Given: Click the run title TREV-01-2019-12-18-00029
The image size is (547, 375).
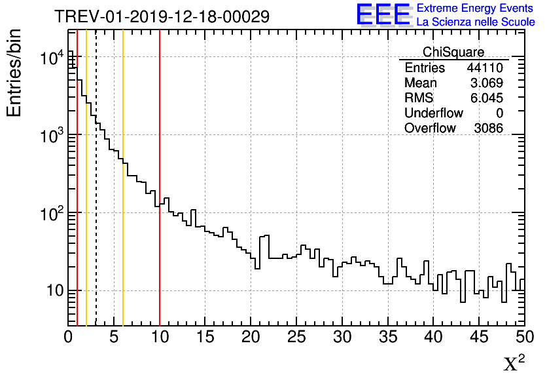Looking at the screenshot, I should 162,16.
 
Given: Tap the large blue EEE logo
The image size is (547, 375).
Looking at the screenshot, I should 383,14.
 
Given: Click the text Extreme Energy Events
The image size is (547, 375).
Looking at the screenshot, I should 476,9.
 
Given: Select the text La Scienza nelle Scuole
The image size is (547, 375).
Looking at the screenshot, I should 476,22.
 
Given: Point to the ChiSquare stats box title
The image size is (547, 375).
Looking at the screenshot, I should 453,52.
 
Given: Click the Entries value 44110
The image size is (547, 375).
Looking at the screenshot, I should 484,68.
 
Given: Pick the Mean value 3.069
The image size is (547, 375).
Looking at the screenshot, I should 486,83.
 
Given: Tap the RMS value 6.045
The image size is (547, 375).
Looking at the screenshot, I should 486,98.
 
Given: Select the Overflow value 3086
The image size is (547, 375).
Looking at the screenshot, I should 488,128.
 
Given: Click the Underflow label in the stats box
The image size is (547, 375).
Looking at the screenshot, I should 433,113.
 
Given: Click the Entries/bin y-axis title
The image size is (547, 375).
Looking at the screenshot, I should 14,73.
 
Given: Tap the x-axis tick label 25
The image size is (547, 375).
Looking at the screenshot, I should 296,338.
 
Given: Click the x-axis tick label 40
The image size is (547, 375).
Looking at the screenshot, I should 433,338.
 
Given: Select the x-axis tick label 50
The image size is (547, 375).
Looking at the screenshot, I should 524,338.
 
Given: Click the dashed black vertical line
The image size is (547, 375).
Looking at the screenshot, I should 96,197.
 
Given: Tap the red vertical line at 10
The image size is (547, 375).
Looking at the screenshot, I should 160,262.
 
